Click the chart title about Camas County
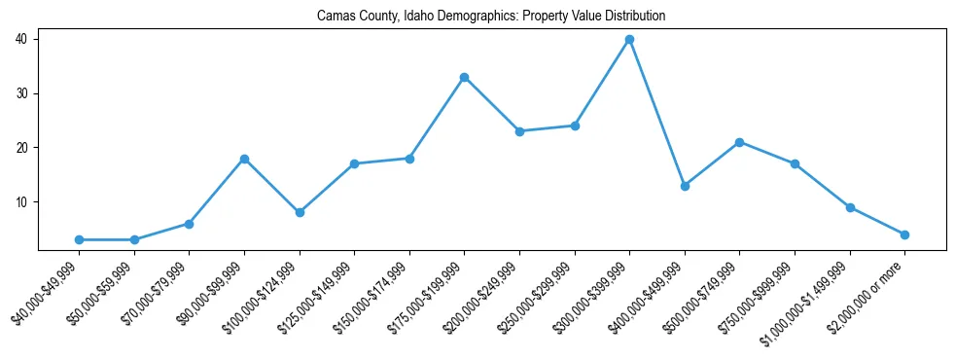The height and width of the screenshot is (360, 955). (x=491, y=17)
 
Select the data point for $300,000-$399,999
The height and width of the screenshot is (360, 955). (x=629, y=39)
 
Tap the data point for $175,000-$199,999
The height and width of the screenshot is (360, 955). (x=464, y=77)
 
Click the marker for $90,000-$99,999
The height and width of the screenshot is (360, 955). (x=244, y=159)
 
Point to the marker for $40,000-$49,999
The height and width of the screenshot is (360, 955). (x=79, y=239)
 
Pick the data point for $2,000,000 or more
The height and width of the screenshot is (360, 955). (x=904, y=234)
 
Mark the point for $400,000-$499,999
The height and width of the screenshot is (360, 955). (x=685, y=186)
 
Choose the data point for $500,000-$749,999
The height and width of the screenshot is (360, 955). (x=740, y=142)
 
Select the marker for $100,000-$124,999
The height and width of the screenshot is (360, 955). (x=300, y=212)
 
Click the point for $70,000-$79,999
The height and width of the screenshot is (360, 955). (x=189, y=224)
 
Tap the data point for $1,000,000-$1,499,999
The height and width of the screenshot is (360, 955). (x=850, y=207)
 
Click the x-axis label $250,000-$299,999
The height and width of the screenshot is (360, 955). (x=546, y=296)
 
